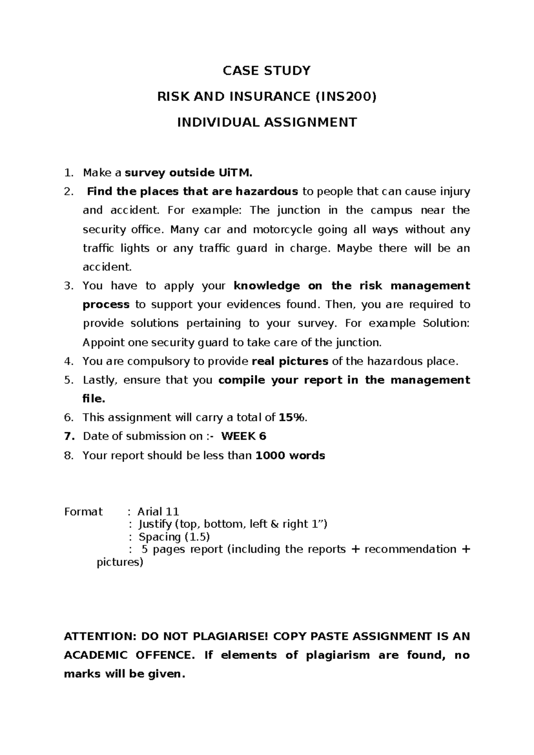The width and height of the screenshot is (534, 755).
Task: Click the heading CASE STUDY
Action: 267,71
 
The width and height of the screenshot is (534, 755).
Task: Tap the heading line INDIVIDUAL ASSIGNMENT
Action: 267,122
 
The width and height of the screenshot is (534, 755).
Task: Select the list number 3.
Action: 68,286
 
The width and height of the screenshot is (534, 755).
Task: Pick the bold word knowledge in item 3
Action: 267,286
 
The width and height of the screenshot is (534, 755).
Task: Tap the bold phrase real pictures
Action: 290,361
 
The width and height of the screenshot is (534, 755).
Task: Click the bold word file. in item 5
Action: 94,399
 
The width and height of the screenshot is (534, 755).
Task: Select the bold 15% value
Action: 292,418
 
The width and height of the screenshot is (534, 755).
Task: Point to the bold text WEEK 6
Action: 244,436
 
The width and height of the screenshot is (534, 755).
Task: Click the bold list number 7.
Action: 68,436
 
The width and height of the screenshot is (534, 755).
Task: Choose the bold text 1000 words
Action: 291,455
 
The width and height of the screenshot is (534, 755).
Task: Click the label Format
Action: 83,511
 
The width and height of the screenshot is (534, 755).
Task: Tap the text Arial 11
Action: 158,511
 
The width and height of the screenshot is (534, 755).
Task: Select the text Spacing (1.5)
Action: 174,537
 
